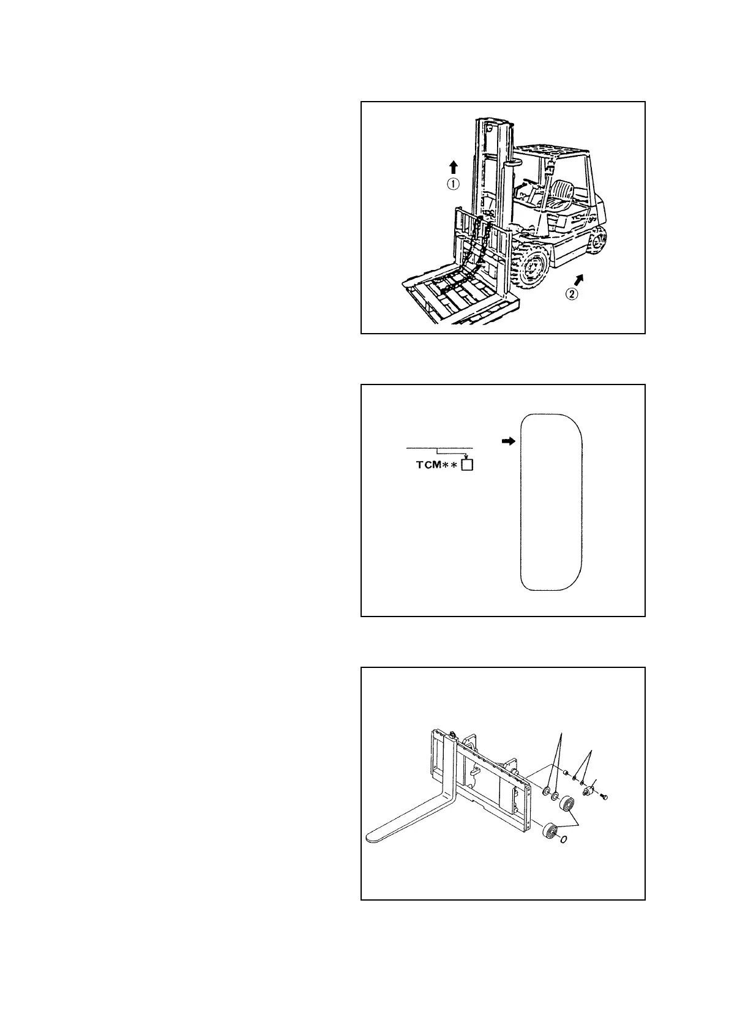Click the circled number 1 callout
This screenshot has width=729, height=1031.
(452, 184)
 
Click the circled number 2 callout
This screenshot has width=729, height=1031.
(570, 294)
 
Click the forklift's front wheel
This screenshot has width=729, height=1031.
(531, 268)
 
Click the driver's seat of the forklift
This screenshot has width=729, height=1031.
(560, 195)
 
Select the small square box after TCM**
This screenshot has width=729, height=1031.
(468, 465)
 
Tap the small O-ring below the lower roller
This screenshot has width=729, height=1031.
(564, 839)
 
